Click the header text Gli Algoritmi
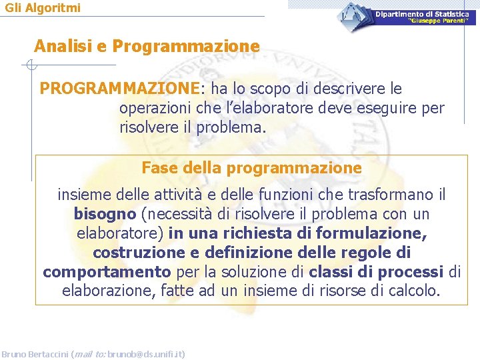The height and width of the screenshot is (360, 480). (43, 8)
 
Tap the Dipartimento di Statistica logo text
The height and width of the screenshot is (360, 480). (421, 14)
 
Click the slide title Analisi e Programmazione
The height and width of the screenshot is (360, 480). (147, 46)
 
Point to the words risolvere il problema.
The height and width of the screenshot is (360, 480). (192, 127)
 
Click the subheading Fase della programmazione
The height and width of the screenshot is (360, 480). (251, 168)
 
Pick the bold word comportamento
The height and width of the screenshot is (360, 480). (107, 272)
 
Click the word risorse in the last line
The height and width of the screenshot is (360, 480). (347, 291)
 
